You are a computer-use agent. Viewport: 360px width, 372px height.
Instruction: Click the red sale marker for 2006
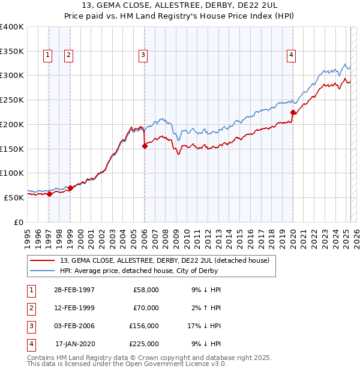click(145, 146)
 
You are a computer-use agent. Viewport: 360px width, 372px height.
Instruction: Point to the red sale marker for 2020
click(293, 112)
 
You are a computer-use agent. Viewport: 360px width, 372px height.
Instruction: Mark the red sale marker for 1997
click(49, 193)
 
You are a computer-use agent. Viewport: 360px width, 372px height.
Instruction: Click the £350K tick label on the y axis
click(12, 52)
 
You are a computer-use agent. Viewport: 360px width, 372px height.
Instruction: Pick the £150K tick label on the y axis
click(12, 149)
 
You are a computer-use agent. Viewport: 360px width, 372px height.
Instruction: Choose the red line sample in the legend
click(43, 260)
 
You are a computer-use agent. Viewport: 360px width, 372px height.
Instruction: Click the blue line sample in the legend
click(43, 271)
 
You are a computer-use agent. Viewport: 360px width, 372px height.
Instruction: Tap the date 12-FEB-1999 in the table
click(74, 308)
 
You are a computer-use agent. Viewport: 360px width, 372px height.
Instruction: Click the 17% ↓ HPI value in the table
click(204, 326)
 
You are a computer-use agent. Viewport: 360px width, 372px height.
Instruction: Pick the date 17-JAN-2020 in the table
click(75, 344)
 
